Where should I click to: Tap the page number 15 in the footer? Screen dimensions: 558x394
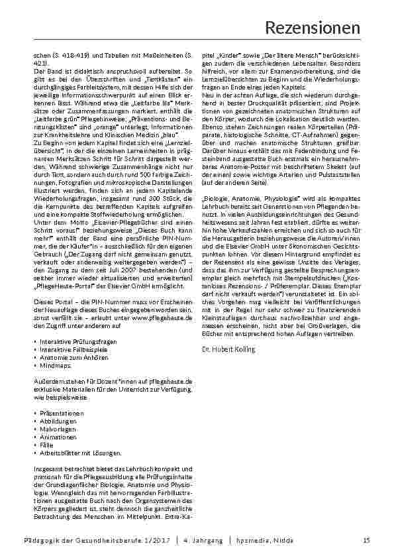tap(366, 541)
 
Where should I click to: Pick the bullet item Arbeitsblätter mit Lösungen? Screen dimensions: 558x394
tap(80, 453)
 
